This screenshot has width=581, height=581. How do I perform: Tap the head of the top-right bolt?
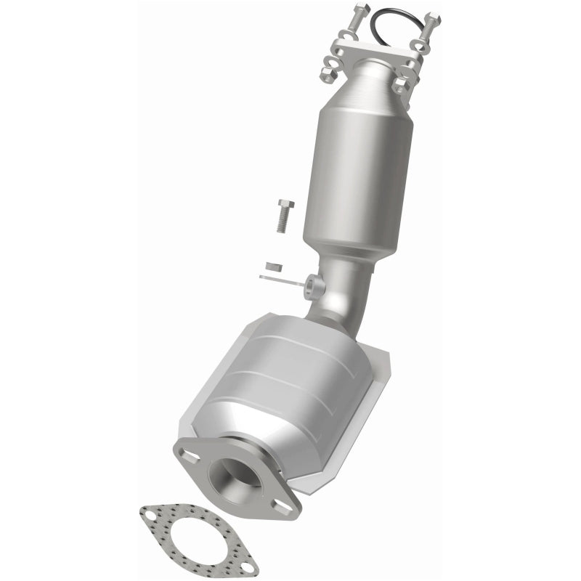click(x=434, y=17)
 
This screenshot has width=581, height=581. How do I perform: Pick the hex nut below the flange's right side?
click(x=402, y=86)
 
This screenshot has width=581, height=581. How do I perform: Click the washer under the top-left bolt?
click(x=348, y=34)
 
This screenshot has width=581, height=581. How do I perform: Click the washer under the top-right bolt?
click(x=420, y=46)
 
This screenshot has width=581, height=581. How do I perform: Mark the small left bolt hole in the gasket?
click(x=150, y=516)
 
